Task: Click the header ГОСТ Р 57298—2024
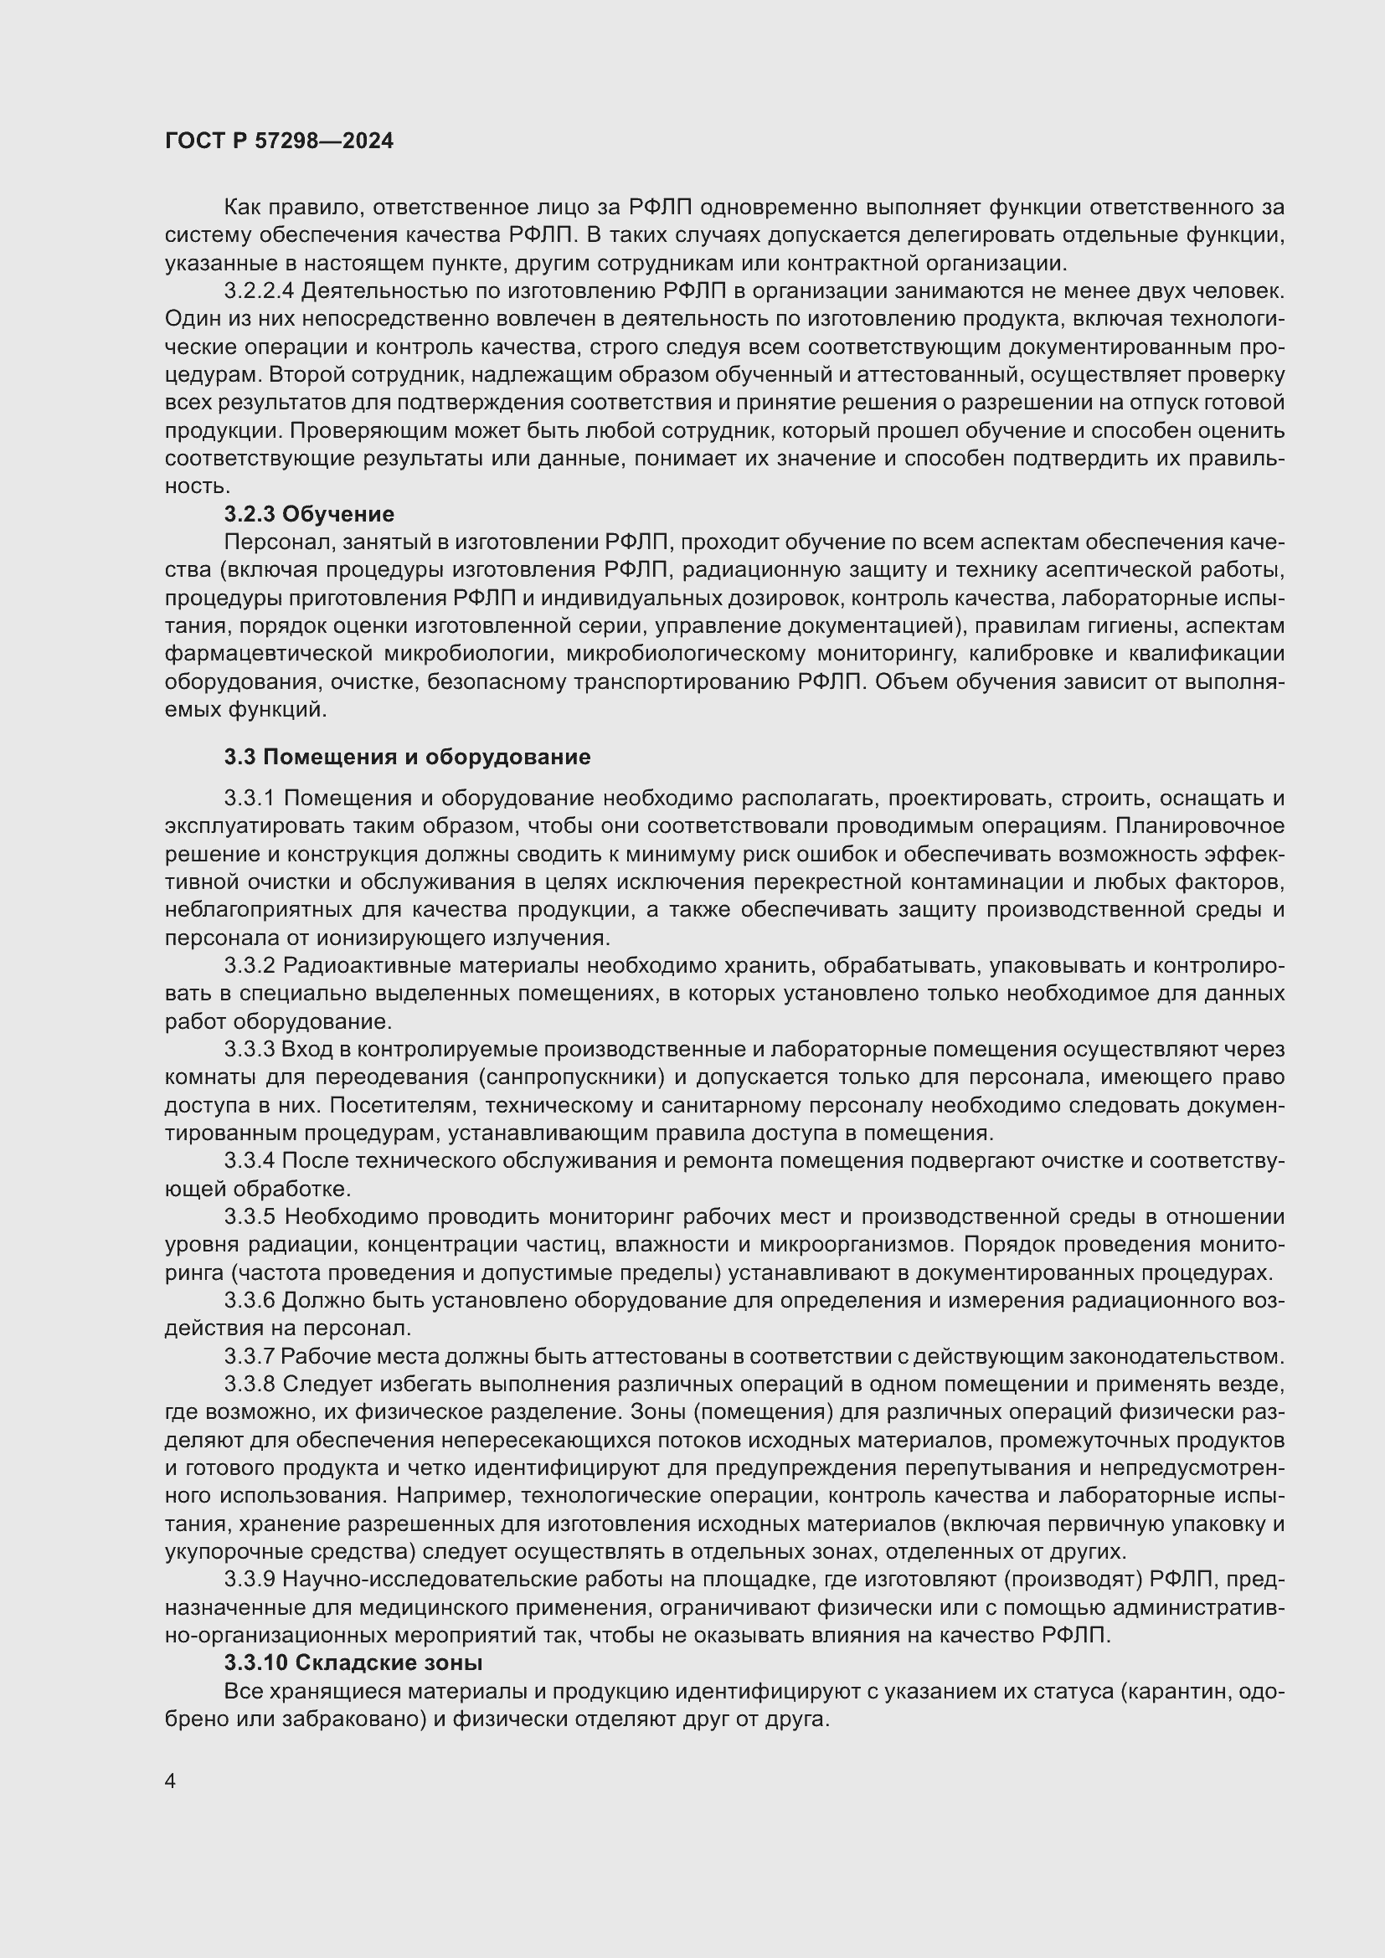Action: tap(279, 141)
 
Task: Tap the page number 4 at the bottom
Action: tap(171, 1781)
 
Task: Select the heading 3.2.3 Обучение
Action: tap(309, 514)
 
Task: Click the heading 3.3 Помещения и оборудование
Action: tap(407, 758)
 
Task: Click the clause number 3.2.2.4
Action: tap(260, 290)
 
